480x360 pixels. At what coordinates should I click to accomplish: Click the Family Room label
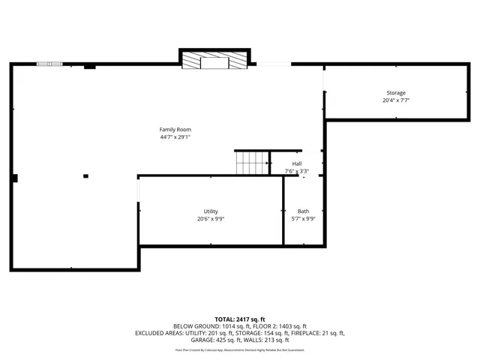[175, 130]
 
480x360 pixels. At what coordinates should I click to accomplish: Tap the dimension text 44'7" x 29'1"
[175, 137]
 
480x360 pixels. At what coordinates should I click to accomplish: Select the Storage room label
[396, 93]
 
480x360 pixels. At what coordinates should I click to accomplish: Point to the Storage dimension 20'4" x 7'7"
[396, 100]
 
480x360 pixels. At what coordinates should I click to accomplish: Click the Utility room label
[211, 211]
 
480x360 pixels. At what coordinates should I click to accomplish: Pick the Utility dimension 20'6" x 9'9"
[211, 219]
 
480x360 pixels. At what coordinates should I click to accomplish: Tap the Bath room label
[303, 211]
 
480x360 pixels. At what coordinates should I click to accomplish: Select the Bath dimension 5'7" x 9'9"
[303, 219]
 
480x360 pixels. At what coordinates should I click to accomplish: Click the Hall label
[297, 163]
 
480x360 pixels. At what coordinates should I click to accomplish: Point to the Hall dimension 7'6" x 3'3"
[297, 171]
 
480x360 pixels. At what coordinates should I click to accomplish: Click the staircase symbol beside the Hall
[253, 163]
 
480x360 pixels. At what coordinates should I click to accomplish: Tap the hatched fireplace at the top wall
[214, 59]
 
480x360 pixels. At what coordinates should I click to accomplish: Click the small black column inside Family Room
[85, 176]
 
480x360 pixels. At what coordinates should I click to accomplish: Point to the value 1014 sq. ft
[236, 326]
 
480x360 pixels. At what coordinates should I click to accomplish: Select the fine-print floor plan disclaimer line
[239, 349]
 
